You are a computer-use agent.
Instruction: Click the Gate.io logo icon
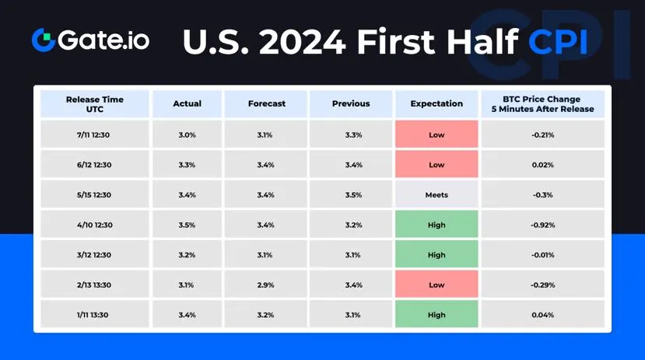tap(44, 40)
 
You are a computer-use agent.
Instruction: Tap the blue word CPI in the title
tap(558, 42)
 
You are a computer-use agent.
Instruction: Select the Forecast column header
tap(267, 103)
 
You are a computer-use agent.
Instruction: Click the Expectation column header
tap(436, 103)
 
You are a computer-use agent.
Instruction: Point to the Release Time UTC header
tap(95, 104)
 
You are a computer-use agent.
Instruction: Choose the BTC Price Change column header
tap(542, 104)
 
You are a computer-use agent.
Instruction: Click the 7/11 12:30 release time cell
tap(93, 135)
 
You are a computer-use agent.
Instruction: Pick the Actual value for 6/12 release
tap(188, 165)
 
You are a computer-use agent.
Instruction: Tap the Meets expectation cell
tap(436, 195)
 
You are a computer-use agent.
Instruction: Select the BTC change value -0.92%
tap(542, 225)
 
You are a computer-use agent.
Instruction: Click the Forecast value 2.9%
tap(266, 285)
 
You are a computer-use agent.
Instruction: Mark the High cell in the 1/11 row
tap(436, 314)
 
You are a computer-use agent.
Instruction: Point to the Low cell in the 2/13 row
tap(436, 285)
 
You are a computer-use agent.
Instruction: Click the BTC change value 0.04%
tap(542, 315)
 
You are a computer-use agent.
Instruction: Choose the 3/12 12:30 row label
tap(94, 255)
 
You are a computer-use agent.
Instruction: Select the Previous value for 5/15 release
tap(353, 195)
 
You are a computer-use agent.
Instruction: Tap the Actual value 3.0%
tap(188, 135)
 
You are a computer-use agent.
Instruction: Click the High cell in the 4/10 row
tap(436, 225)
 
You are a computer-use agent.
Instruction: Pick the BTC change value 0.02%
tap(542, 165)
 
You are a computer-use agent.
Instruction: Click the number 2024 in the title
tap(303, 42)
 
